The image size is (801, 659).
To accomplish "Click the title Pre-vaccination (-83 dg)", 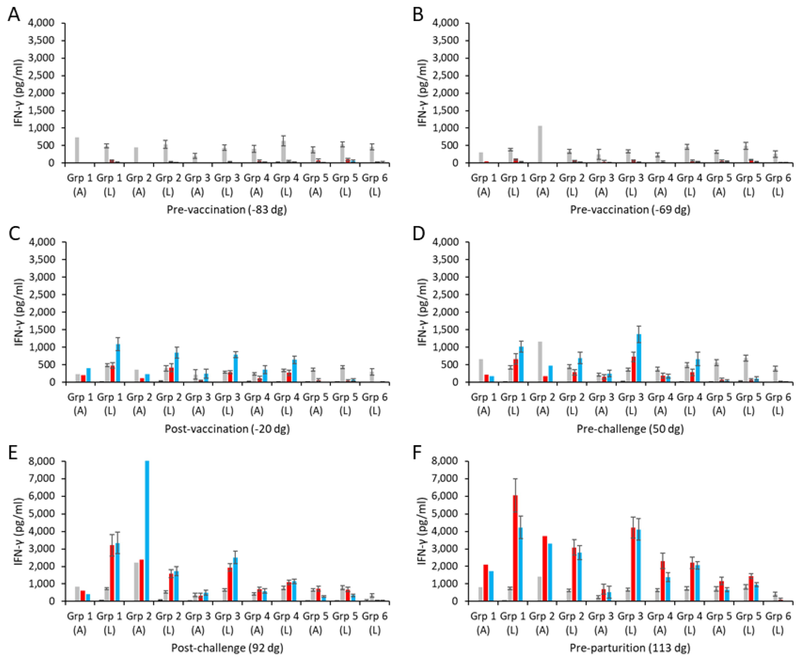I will coord(227,210).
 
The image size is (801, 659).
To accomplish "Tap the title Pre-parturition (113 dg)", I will coord(630,648).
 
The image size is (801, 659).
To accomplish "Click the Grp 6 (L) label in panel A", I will coord(375,185).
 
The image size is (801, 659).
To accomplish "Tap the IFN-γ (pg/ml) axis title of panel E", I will coord(19,531).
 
